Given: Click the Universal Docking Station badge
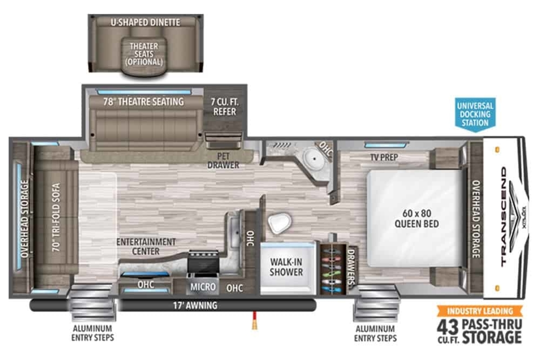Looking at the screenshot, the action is click(475, 115).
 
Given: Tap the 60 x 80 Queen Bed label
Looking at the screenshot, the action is click(417, 218).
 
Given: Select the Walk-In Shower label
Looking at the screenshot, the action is click(286, 267).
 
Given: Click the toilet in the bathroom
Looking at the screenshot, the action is click(279, 223).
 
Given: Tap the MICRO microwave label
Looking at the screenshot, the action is click(203, 287).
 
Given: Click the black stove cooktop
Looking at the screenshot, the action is click(203, 262).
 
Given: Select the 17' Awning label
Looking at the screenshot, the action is click(195, 306).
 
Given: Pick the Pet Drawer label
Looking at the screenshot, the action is click(223, 161).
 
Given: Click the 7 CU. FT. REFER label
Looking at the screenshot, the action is click(225, 107).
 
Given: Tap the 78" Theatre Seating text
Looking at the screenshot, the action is click(144, 102).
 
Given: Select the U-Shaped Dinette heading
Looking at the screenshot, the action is click(145, 22).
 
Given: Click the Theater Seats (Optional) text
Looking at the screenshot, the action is click(144, 54).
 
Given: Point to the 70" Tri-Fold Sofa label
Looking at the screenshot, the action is click(56, 217).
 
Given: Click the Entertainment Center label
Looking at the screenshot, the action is click(146, 247).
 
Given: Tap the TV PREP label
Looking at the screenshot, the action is click(384, 157).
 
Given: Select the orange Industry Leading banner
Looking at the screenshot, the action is click(480, 311).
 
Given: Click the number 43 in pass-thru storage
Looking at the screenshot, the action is click(447, 327).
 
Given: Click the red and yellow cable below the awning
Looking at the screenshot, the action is click(254, 320).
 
